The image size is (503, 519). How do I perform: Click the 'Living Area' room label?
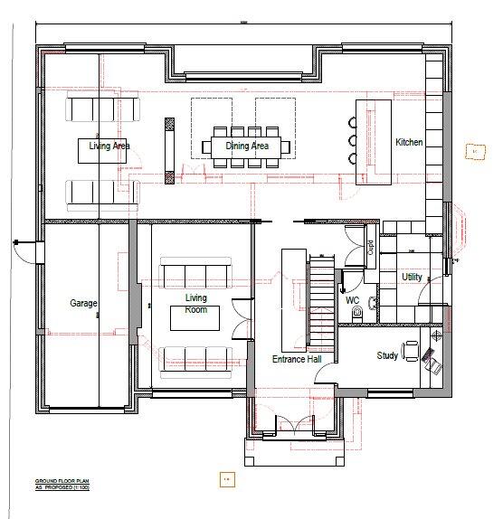click(108, 145)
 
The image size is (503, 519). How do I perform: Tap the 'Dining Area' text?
click(247, 145)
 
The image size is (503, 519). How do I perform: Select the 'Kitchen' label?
click(409, 143)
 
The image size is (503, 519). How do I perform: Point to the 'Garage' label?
click(83, 304)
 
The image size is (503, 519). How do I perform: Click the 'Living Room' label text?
click(195, 304)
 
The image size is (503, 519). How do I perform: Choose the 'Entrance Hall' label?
click(297, 359)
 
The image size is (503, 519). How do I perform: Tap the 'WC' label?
click(353, 299)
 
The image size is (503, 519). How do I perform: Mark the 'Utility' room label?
click(412, 277)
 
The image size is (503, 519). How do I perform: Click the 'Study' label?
click(387, 355)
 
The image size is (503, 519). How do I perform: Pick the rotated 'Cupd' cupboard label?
click(371, 247)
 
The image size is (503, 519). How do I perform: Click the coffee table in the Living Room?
click(195, 320)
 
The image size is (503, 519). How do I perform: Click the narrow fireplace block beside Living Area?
click(168, 146)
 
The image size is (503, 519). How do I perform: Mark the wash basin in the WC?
click(345, 279)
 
